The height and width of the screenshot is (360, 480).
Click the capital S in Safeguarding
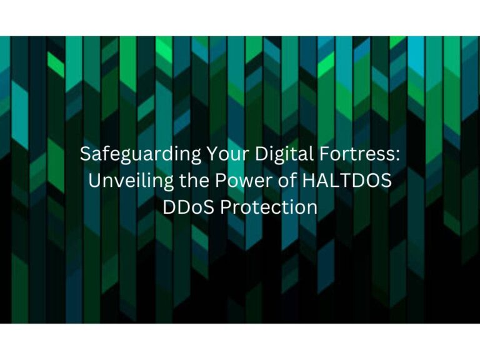coord(85,154)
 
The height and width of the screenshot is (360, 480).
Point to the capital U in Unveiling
coord(94,181)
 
